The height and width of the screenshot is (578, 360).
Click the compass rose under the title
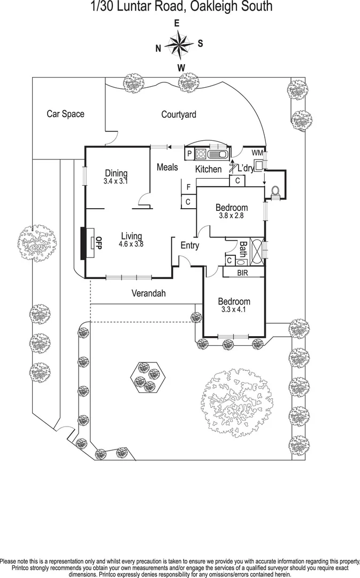pos(180,43)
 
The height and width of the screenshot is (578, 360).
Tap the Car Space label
pos(65,113)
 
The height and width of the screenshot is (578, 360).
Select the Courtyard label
pos(179,114)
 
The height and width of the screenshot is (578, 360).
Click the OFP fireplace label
pos(97,243)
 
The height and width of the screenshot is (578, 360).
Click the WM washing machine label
pos(257,153)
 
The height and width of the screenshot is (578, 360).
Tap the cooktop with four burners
pos(201,154)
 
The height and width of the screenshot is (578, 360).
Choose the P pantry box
pos(189,154)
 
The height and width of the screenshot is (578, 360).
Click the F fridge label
pos(188,187)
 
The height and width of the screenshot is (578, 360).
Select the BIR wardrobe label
pos(243,272)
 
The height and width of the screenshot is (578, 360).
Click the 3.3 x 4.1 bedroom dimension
pos(235,309)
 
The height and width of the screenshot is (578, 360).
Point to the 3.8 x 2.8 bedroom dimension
pos(231,216)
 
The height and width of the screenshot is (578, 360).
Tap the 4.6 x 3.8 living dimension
pos(131,244)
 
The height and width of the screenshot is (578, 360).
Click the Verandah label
pos(149,293)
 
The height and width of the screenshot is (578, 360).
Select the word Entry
pos(190,246)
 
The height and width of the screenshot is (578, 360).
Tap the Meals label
pos(167,167)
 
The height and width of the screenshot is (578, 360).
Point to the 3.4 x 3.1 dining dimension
pos(116,181)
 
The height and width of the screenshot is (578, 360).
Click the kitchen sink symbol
pos(220,154)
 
